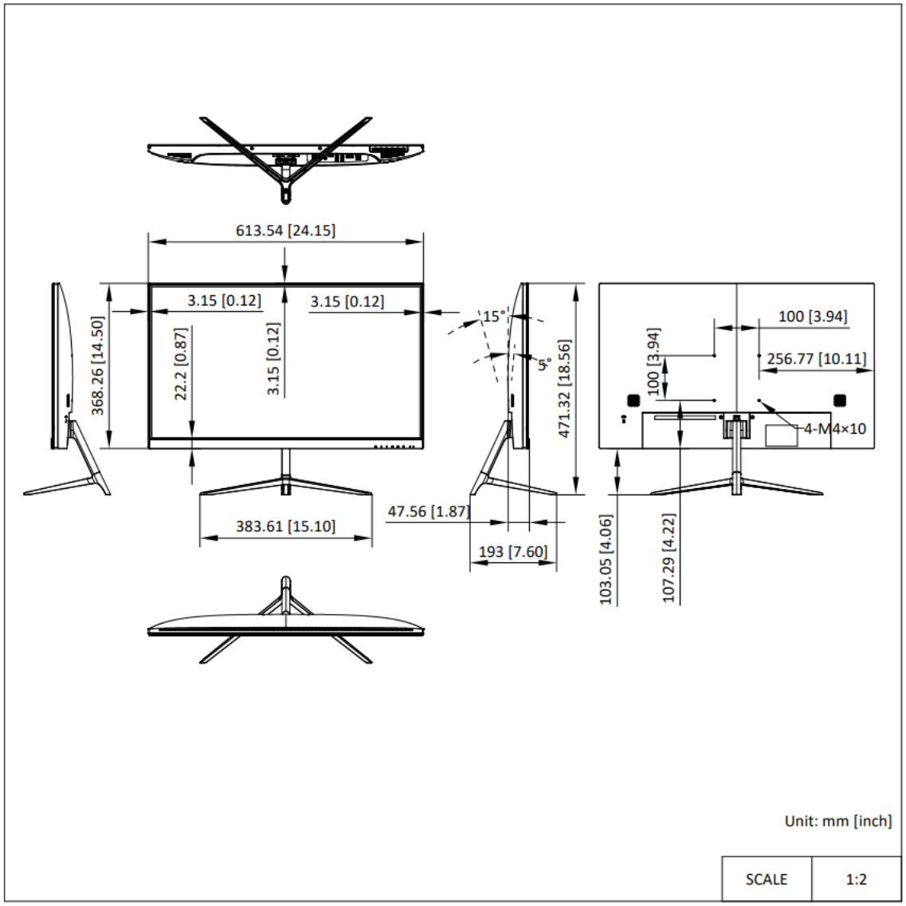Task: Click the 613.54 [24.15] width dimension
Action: click(x=285, y=230)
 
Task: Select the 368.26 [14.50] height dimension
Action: click(x=98, y=365)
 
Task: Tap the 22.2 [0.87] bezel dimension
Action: click(x=181, y=364)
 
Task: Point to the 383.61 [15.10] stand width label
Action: click(x=285, y=526)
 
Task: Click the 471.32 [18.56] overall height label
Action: click(x=564, y=388)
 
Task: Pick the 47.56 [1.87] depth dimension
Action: click(x=429, y=512)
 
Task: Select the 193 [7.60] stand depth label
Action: click(x=513, y=552)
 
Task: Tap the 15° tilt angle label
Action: click(x=495, y=317)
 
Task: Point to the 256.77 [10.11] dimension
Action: click(x=817, y=358)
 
